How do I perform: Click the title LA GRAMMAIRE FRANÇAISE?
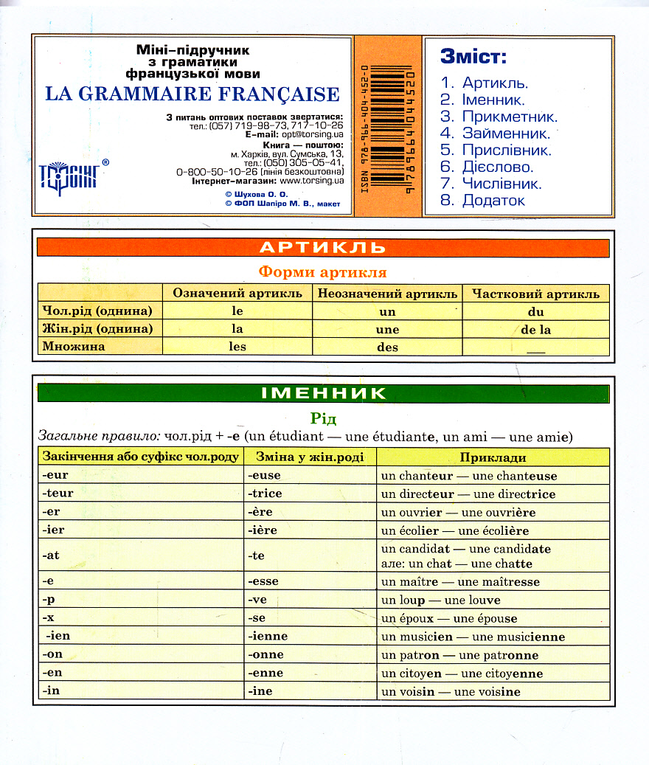pyautogui.click(x=192, y=94)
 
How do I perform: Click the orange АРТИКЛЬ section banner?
pyautogui.click(x=323, y=248)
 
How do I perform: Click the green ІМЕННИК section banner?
pyautogui.click(x=323, y=393)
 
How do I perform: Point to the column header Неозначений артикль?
pyautogui.click(x=387, y=293)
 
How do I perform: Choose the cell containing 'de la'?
pyautogui.click(x=535, y=330)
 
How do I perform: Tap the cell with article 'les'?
pyautogui.click(x=237, y=347)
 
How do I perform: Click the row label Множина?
pyautogui.click(x=74, y=347)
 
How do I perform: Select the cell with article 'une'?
pyautogui.click(x=387, y=330)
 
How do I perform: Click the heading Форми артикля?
pyautogui.click(x=322, y=271)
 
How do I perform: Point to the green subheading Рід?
pyautogui.click(x=323, y=418)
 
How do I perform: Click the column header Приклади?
pyautogui.click(x=493, y=457)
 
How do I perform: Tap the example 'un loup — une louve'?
pyautogui.click(x=440, y=600)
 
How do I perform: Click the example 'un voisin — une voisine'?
pyautogui.click(x=450, y=692)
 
